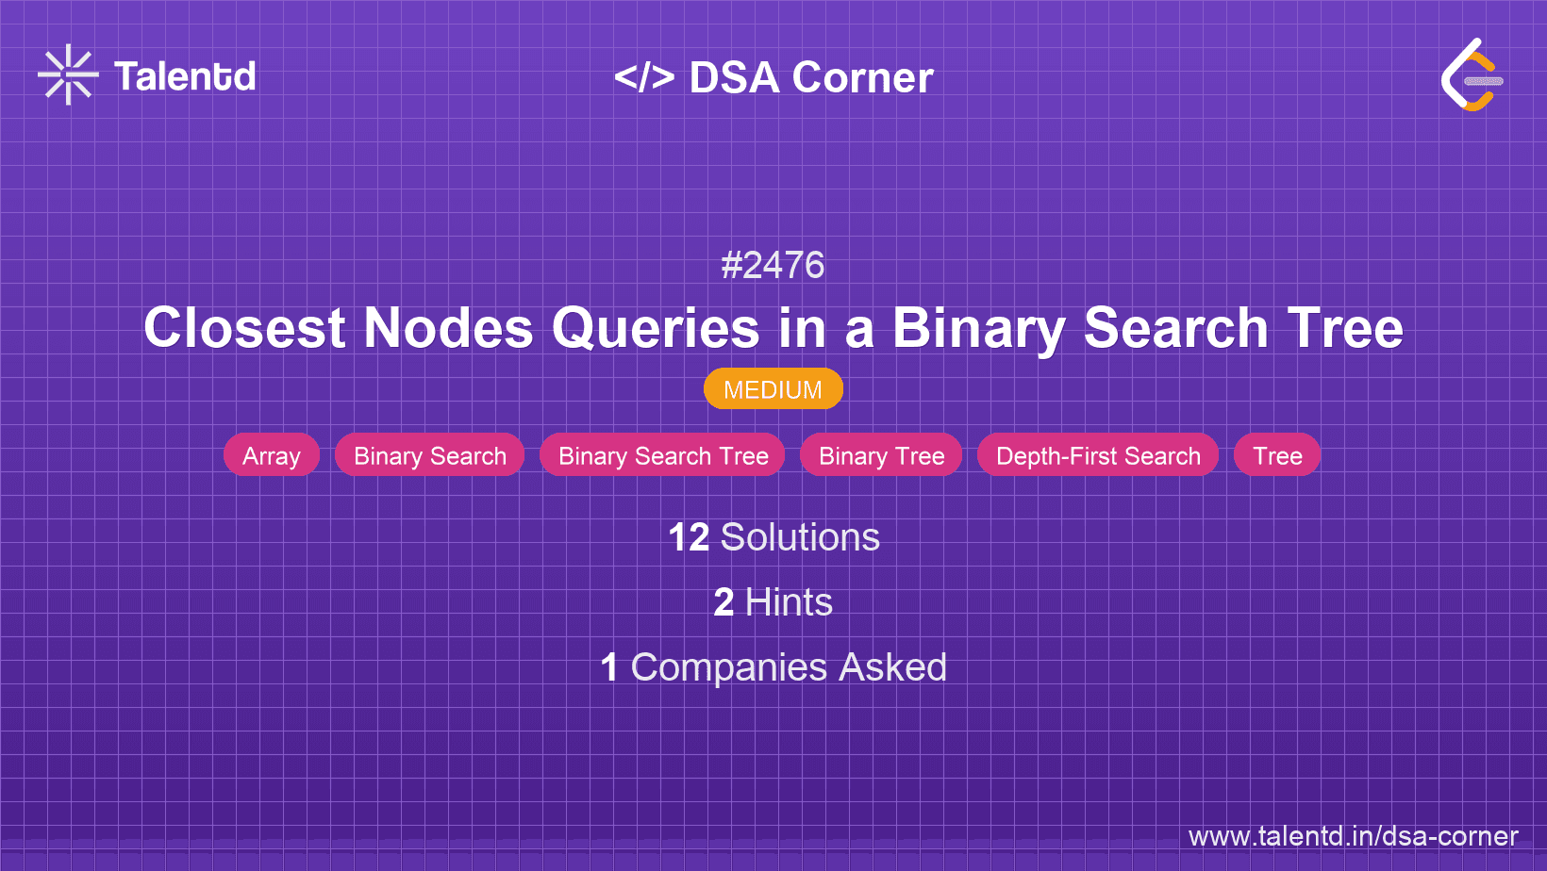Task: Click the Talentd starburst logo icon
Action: tap(68, 74)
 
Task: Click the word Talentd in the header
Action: tap(185, 76)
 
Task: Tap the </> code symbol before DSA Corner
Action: tap(644, 77)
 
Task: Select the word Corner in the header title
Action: tap(862, 77)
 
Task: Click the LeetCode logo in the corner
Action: tap(1472, 75)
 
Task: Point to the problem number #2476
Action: tap(773, 266)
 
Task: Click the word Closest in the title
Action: tap(244, 328)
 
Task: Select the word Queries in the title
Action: tap(656, 328)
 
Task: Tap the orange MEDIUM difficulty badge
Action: tap(773, 389)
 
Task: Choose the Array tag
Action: tap(272, 456)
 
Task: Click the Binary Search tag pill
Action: tap(429, 456)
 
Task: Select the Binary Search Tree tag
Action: tap(663, 456)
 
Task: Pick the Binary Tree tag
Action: tap(881, 456)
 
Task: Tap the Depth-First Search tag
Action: tap(1098, 456)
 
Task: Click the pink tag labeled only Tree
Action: tap(1277, 456)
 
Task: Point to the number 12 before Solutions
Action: tap(689, 537)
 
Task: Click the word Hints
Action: tap(789, 602)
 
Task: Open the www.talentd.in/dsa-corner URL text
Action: tap(1353, 836)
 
